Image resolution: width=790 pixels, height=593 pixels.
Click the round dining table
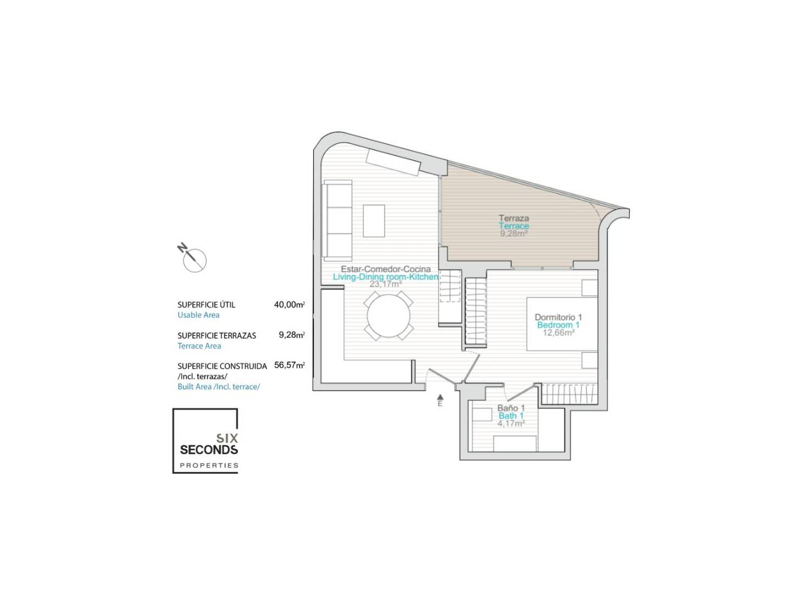pos(388,316)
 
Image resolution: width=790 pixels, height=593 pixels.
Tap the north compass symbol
pos(193,258)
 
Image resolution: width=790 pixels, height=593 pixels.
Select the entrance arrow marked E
pos(440,400)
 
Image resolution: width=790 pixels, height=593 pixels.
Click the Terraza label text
pos(513,218)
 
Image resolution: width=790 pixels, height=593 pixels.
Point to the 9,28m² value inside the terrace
pos(513,233)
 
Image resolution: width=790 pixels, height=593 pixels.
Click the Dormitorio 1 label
pos(558,317)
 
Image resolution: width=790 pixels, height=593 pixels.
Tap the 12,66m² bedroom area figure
pos(558,332)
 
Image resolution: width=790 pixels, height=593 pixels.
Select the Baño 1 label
pos(511,408)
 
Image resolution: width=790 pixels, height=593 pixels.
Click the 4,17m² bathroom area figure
pos(511,423)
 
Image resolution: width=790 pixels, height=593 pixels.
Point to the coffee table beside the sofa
pos(374,221)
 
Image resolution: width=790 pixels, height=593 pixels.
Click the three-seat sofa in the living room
pos(337,221)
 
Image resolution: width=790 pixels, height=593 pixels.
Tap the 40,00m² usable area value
pos(289,305)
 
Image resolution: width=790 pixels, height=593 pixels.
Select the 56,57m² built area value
pos(289,365)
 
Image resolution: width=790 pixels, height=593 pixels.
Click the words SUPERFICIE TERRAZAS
pos(217,335)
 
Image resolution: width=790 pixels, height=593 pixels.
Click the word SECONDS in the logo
pos(209,450)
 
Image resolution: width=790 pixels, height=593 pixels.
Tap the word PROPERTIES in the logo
pos(209,466)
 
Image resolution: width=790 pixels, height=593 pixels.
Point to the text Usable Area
pos(198,315)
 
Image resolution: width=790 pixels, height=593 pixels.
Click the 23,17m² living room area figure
pos(386,284)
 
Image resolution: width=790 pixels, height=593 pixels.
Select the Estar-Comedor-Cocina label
pos(386,269)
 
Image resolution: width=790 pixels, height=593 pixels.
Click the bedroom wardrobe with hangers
pos(569,394)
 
